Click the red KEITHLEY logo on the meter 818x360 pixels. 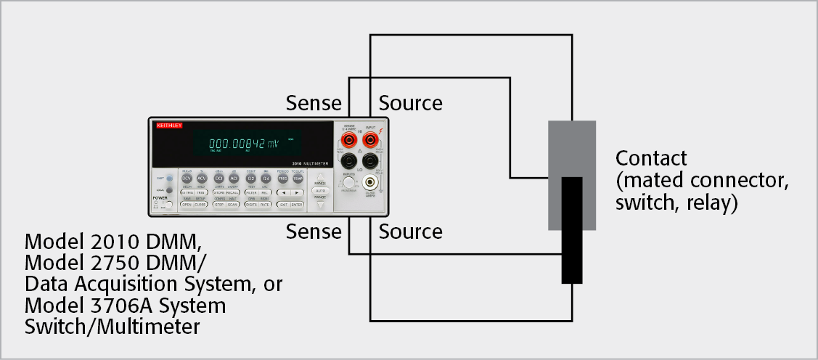point(169,126)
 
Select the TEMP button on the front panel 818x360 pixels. point(298,179)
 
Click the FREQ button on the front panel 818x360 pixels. point(282,179)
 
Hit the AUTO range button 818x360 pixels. point(319,189)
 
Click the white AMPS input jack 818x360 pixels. point(371,184)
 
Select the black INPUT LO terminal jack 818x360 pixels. point(370,161)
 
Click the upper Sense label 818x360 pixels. point(313,103)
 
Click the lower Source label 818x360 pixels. point(410,232)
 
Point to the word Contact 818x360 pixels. point(650,158)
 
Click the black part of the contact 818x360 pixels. point(572,232)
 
